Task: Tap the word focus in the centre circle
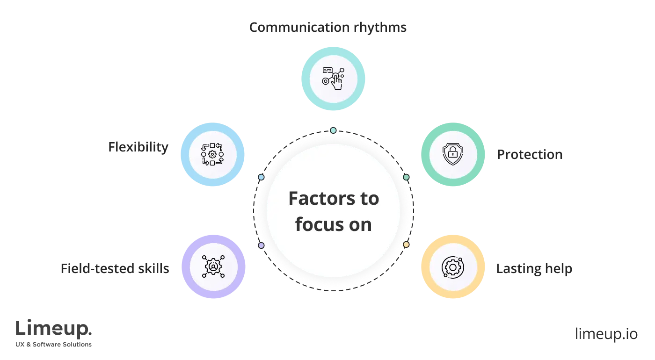click(316, 224)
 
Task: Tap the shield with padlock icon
click(452, 153)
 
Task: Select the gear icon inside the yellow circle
click(452, 267)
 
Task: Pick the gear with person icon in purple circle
click(213, 267)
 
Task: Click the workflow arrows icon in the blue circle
click(212, 154)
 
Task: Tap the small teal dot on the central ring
click(333, 130)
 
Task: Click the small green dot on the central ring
click(406, 177)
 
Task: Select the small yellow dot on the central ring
click(406, 245)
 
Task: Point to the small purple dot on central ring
click(261, 245)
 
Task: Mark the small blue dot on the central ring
click(261, 177)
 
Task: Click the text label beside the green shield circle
click(531, 155)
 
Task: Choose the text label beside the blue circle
click(138, 148)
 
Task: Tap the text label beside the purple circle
click(116, 269)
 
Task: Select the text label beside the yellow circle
click(534, 269)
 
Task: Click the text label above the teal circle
click(327, 27)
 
